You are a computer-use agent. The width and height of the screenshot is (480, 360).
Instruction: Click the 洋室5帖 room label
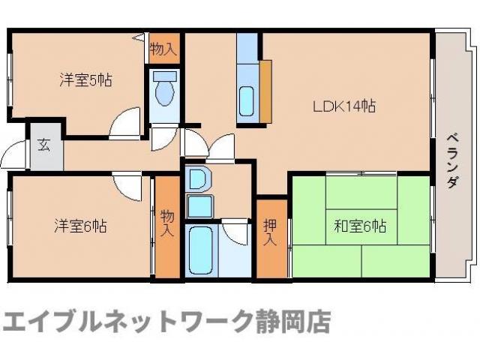click(x=85, y=79)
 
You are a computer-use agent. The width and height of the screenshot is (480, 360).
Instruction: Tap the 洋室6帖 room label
click(x=79, y=225)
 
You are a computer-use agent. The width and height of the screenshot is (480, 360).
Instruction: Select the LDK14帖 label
click(x=344, y=106)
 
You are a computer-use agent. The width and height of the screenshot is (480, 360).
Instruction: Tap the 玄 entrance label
click(x=43, y=145)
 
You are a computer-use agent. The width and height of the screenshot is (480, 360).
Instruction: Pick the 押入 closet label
click(x=271, y=232)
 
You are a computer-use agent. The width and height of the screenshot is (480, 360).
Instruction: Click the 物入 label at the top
click(x=163, y=50)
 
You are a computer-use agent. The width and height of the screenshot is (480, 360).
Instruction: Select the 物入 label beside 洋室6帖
click(x=168, y=224)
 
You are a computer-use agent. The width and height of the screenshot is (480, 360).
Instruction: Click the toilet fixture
click(x=163, y=93)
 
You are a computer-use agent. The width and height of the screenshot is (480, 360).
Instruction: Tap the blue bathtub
click(x=200, y=251)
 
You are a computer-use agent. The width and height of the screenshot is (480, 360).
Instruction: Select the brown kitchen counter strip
click(x=265, y=91)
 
